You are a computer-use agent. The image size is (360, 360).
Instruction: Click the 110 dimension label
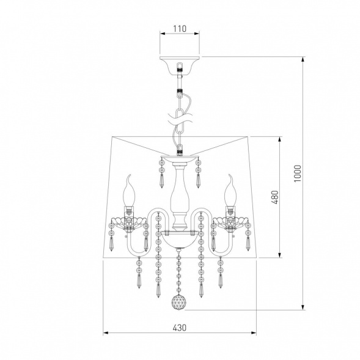[x=180, y=29]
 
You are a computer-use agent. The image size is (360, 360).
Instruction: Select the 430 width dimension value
[x=180, y=328]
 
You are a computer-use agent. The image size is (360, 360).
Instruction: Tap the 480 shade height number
[x=275, y=197]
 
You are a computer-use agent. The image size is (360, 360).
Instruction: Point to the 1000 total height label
[x=297, y=174]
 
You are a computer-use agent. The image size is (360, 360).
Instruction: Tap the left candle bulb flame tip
[x=130, y=175]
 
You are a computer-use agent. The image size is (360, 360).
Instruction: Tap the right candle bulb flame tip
[x=229, y=175]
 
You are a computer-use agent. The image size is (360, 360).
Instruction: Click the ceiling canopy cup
[x=180, y=65]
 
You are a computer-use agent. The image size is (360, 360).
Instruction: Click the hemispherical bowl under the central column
[x=180, y=241]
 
